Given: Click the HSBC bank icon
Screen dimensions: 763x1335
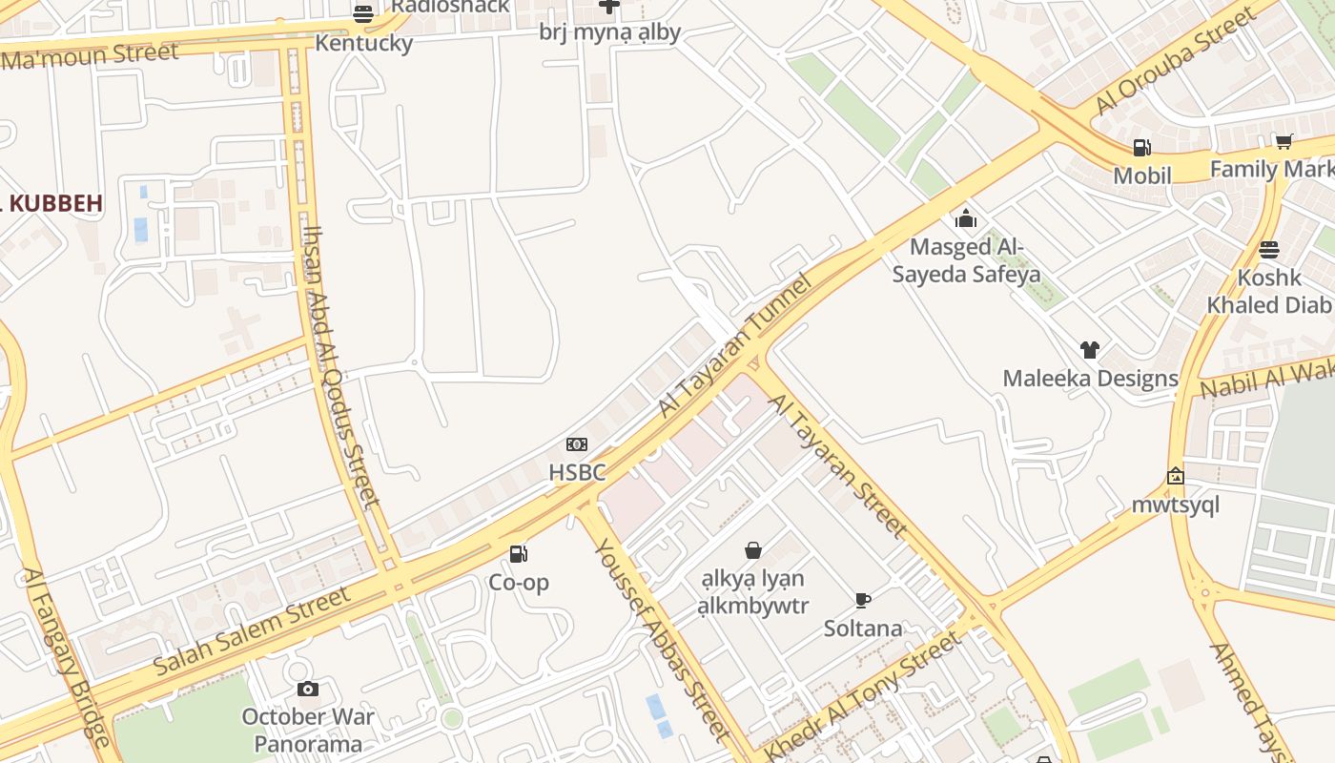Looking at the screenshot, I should [x=577, y=444].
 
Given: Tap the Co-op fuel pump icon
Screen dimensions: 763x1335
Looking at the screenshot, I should [x=519, y=554].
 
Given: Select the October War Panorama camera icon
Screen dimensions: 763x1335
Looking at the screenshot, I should [x=307, y=689].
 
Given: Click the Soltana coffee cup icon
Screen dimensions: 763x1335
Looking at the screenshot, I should [x=863, y=600].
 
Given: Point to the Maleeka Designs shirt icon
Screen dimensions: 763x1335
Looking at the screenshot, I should [x=1090, y=350].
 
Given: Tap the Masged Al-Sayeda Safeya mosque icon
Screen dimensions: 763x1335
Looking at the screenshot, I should [x=966, y=218].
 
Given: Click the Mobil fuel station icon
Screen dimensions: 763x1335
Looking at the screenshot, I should [x=1141, y=148].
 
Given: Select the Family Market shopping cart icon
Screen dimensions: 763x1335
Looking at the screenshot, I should [x=1284, y=142].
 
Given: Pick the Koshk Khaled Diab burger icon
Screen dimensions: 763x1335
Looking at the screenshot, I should [x=1268, y=250].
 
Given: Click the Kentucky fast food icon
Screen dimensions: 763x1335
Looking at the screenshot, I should [x=363, y=14].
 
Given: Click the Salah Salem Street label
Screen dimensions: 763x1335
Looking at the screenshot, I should [x=252, y=631].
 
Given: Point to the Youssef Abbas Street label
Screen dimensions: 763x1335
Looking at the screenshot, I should [x=661, y=640].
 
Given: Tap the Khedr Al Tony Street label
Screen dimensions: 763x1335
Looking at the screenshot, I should [x=862, y=696].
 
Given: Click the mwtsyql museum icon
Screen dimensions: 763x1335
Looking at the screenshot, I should [x=1176, y=476].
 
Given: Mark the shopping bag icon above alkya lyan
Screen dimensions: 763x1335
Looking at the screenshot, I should [x=753, y=550].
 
